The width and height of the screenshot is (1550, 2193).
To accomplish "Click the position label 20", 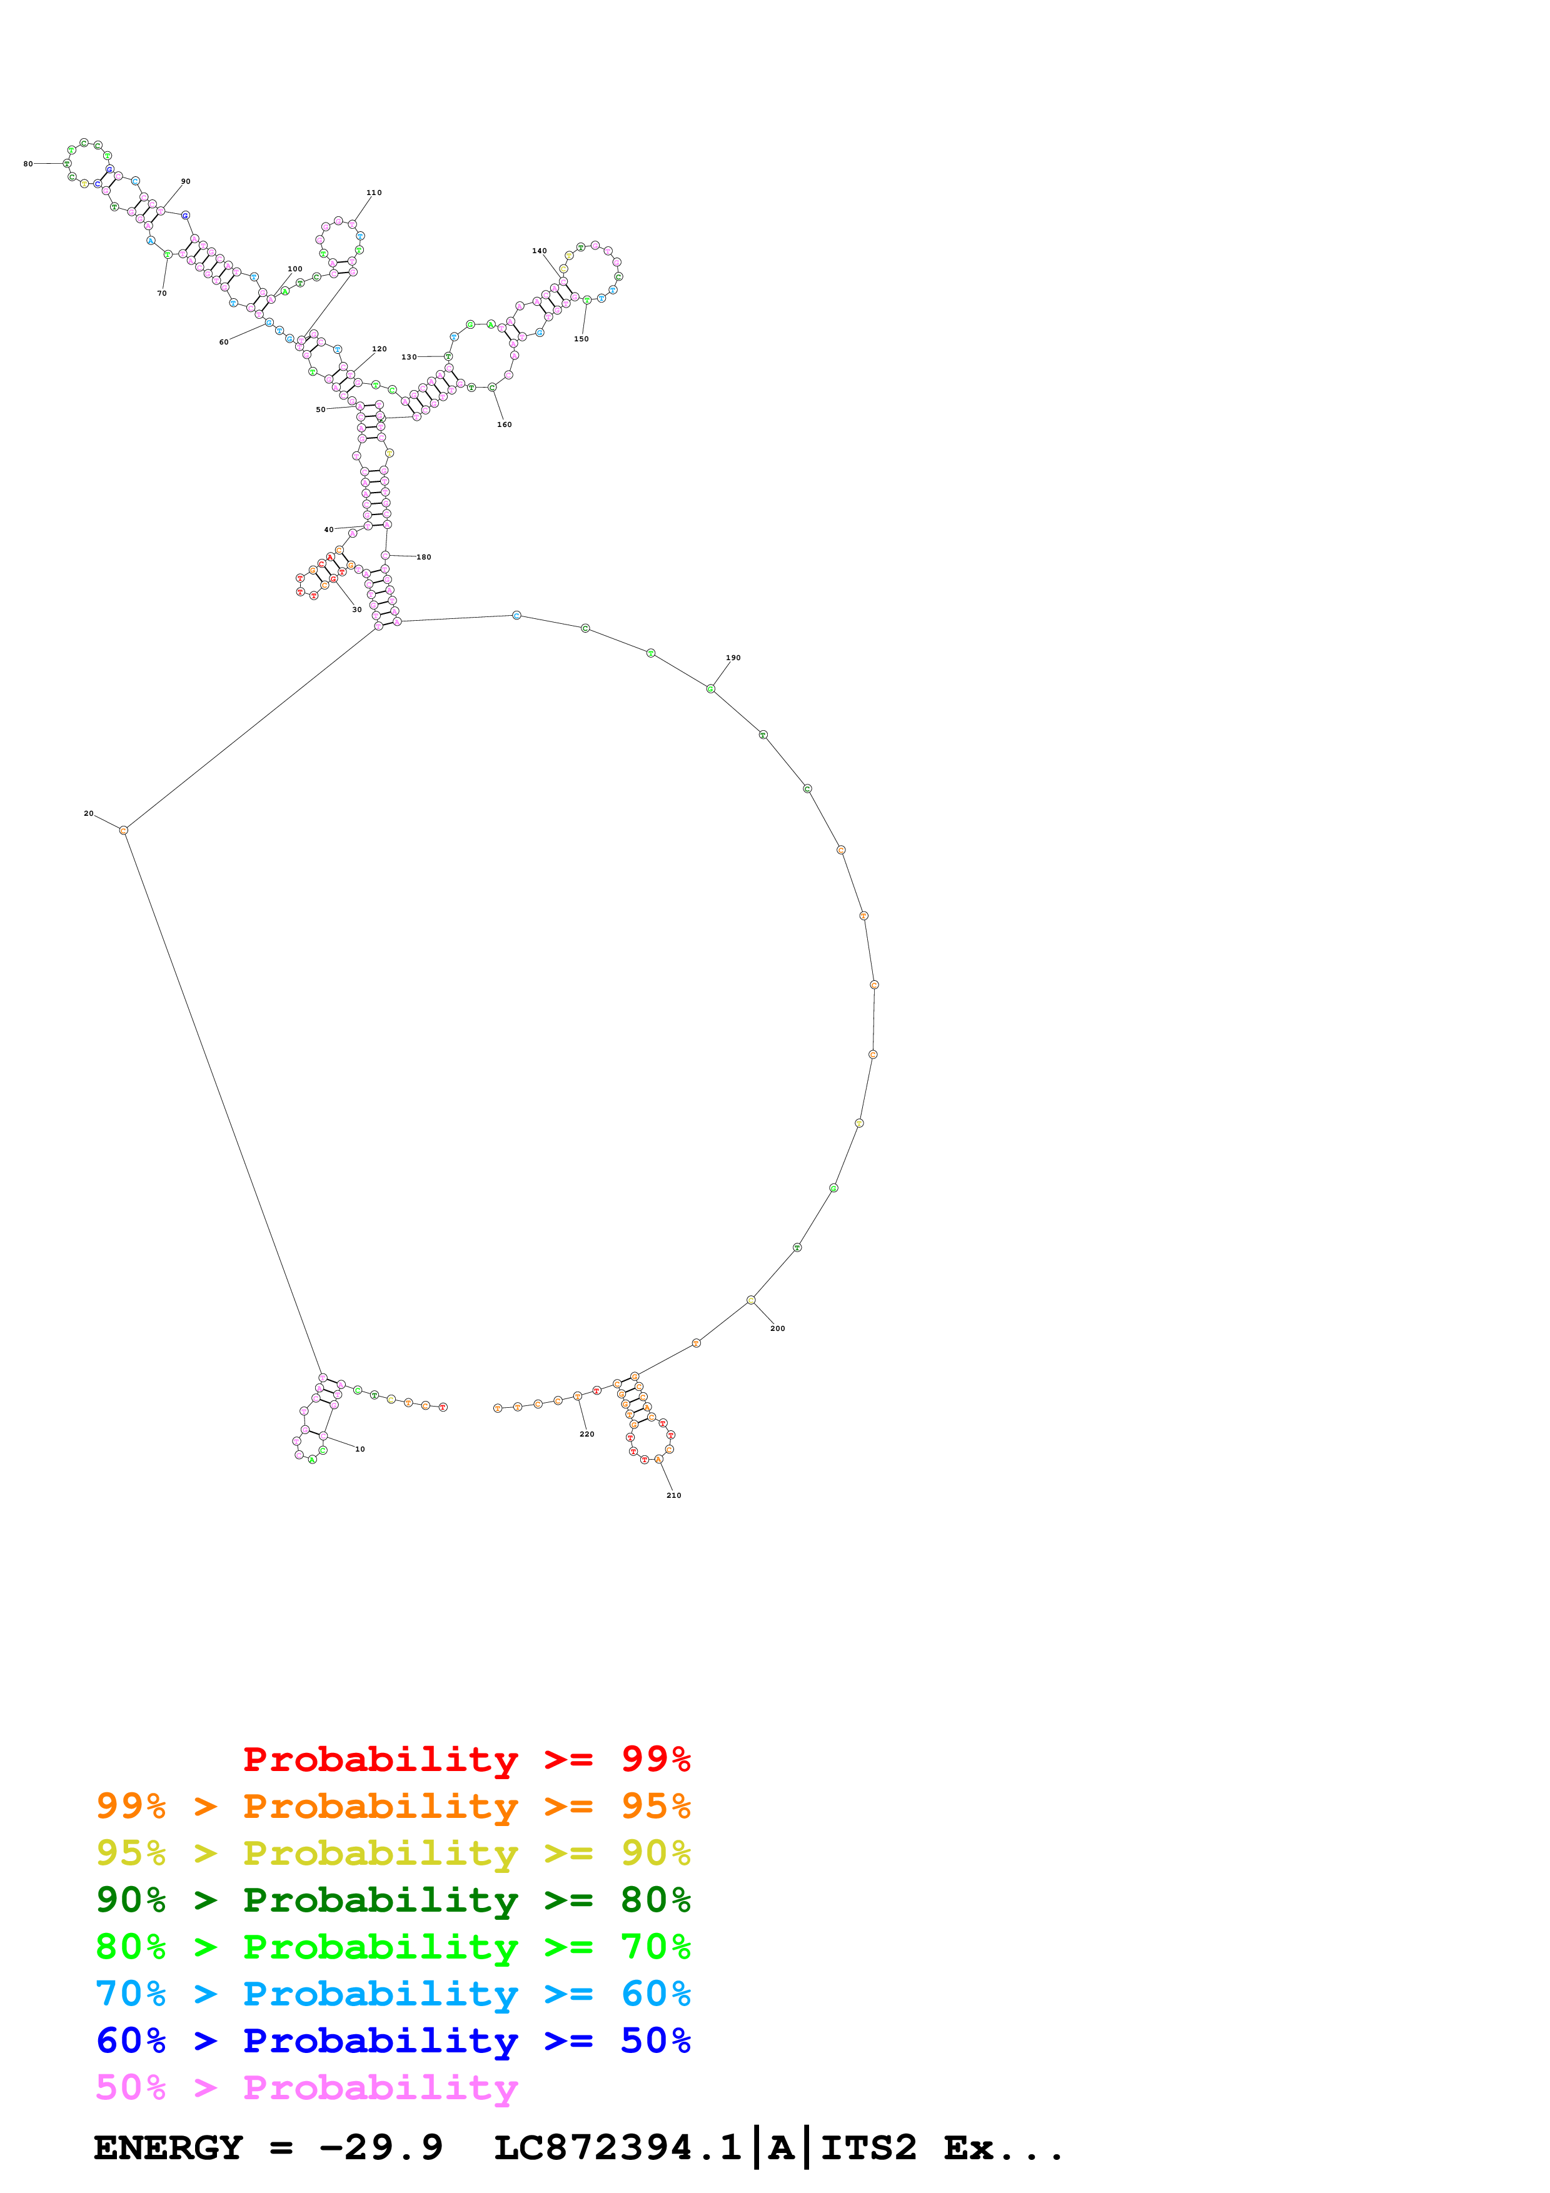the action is (x=89, y=814).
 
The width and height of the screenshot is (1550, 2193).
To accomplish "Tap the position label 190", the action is (x=733, y=658).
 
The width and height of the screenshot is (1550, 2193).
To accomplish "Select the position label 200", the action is (x=777, y=1328).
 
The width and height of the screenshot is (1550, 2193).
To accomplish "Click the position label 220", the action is (x=586, y=1433).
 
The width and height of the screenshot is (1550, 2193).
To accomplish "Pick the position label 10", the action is (x=360, y=1449).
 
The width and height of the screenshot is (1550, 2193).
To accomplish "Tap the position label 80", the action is (x=28, y=163).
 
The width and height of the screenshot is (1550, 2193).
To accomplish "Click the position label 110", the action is (x=373, y=193).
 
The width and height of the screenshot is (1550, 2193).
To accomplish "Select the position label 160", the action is (x=504, y=425).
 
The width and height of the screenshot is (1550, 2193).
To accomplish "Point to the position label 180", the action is (x=423, y=557).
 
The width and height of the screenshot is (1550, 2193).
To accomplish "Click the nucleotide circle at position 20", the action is (x=123, y=831).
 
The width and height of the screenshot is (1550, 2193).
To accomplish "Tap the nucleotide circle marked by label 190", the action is (x=710, y=689).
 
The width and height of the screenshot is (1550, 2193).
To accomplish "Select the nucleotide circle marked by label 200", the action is (x=751, y=1300).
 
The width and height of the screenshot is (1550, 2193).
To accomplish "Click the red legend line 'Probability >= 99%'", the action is (x=466, y=1759).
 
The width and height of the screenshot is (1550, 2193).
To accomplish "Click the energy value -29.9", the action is (x=380, y=2147).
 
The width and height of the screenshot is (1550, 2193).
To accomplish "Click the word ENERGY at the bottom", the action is (x=168, y=2147).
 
